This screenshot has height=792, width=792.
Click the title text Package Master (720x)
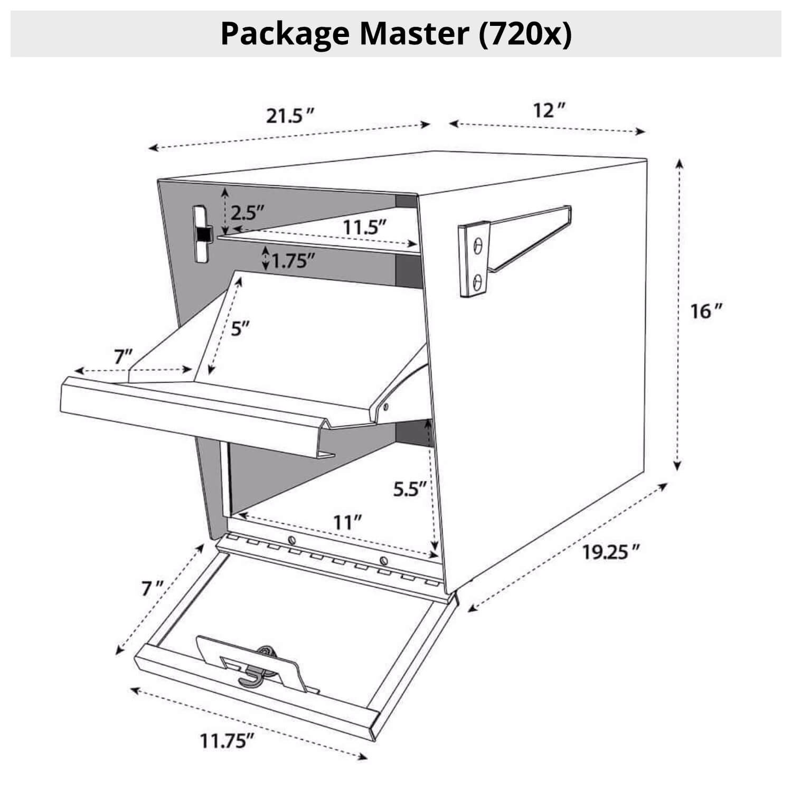click(x=396, y=34)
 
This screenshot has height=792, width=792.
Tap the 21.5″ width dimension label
click(x=290, y=116)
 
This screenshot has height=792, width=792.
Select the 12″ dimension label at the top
click(x=549, y=111)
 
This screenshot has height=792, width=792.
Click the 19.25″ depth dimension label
click(x=611, y=552)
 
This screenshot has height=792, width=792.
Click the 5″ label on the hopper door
click(x=240, y=329)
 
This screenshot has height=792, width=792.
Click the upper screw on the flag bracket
click(x=478, y=246)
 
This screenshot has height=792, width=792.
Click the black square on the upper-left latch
click(x=203, y=233)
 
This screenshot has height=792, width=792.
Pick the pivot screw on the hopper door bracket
click(x=386, y=407)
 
